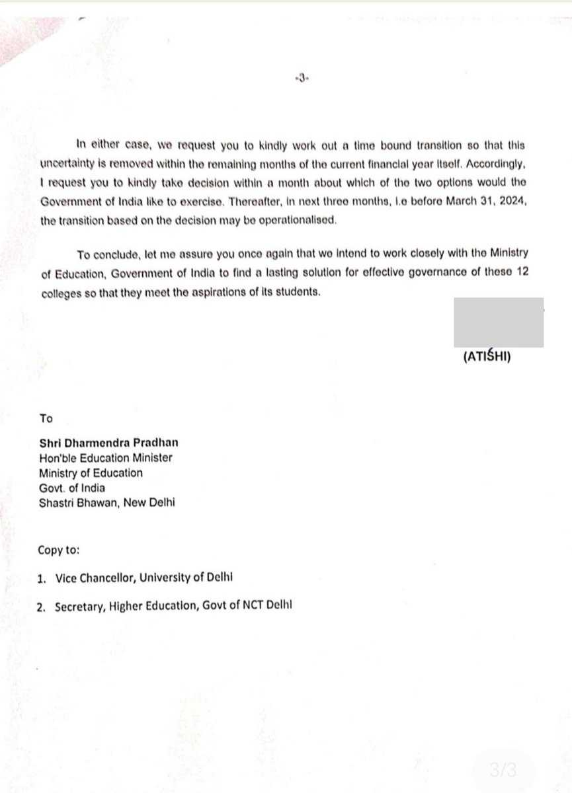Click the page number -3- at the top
[x=301, y=78]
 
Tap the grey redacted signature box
[x=499, y=322]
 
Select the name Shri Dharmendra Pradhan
[x=108, y=443]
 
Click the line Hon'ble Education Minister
[x=106, y=458]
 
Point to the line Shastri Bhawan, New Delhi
[x=107, y=503]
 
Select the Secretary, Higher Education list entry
[x=165, y=605]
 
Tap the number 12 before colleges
[x=520, y=273]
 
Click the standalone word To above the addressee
[x=46, y=418]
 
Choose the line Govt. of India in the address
[x=72, y=488]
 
